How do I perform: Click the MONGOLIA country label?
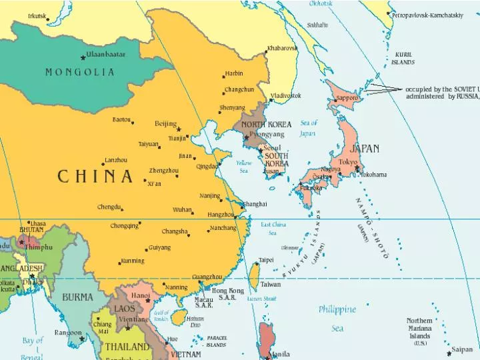tap(80, 72)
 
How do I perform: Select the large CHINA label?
tap(95, 177)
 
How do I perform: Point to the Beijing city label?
tap(165, 123)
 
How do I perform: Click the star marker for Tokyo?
tap(357, 168)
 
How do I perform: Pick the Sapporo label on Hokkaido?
tap(347, 98)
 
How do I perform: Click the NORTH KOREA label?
tap(266, 125)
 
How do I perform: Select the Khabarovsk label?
tap(283, 49)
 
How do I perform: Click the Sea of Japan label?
tap(308, 128)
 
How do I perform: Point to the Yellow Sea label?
tap(244, 167)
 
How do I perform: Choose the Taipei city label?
tap(265, 260)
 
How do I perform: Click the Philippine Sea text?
tap(337, 318)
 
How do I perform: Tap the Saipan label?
tap(462, 349)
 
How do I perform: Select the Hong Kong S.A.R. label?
tap(228, 294)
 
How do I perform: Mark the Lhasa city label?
tap(37, 223)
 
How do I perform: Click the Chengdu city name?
tap(109, 207)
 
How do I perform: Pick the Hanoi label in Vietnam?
tap(141, 295)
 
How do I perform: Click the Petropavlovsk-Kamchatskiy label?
tap(437, 15)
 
